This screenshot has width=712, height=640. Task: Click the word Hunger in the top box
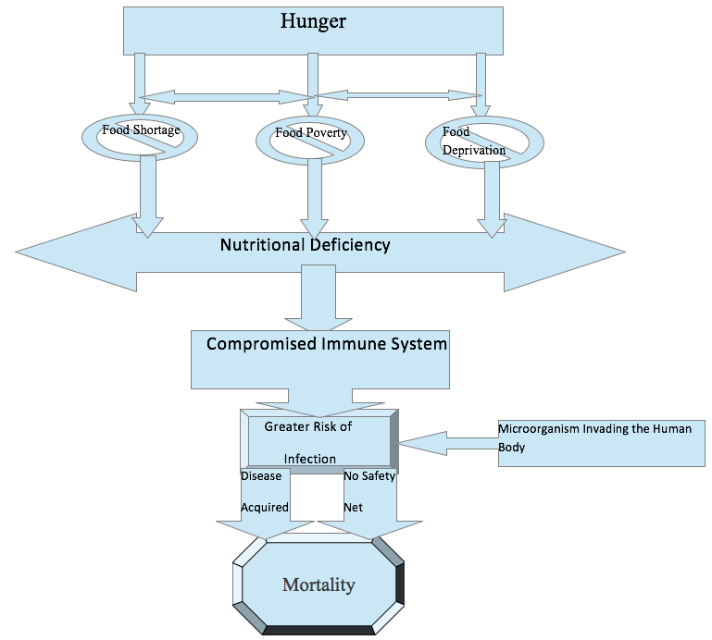(313, 20)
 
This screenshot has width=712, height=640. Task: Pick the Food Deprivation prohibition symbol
(478, 142)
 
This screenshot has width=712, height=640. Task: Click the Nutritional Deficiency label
(305, 245)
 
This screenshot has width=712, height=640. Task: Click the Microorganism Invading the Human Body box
(601, 442)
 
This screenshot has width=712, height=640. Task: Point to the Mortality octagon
(318, 585)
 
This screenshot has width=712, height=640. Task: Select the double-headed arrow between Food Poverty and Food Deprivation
(396, 94)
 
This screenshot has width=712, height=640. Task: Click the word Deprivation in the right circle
(474, 150)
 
